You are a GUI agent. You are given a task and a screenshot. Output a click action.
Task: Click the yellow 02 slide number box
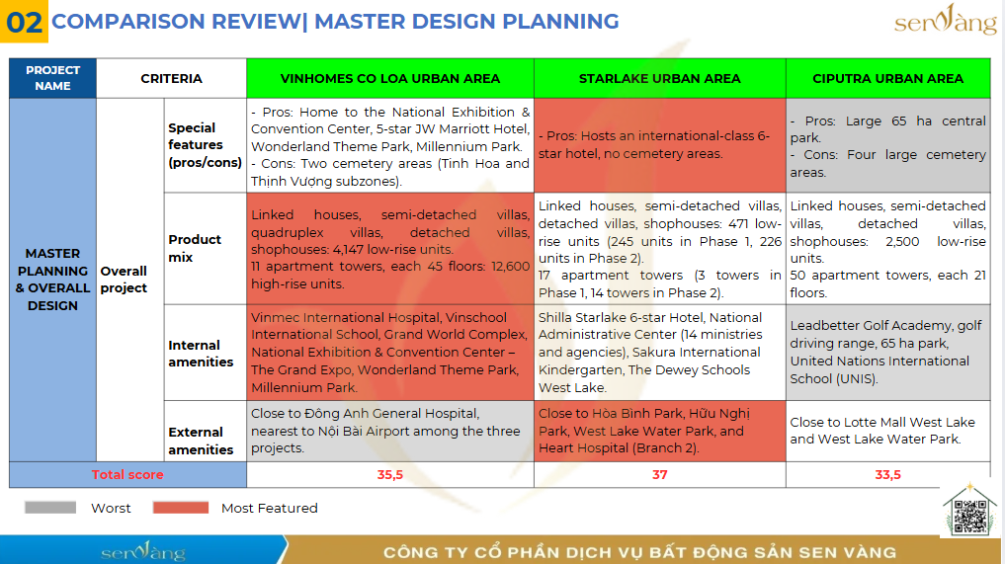(x=24, y=21)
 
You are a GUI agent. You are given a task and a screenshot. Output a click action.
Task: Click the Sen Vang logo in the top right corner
(x=946, y=20)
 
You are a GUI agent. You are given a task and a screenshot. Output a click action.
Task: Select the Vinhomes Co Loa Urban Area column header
(x=389, y=78)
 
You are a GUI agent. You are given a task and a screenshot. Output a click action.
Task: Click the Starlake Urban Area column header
(x=659, y=78)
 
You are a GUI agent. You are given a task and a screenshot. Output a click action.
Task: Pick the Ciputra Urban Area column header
(x=887, y=78)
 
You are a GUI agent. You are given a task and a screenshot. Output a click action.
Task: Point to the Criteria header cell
(x=171, y=78)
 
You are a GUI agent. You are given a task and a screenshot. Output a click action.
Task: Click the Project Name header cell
(x=52, y=78)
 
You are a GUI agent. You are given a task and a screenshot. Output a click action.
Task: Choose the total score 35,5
(x=389, y=475)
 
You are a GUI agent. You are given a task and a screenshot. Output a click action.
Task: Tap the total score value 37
(x=659, y=475)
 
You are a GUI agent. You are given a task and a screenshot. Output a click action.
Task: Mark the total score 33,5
(x=887, y=475)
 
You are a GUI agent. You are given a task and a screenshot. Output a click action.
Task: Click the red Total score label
(x=127, y=475)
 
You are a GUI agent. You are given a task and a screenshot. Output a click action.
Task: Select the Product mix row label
(x=195, y=248)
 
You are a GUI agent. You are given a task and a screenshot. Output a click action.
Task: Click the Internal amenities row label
(x=201, y=354)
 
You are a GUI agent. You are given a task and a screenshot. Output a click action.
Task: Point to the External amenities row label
(x=201, y=441)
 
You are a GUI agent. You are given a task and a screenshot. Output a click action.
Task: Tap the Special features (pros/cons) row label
(x=206, y=145)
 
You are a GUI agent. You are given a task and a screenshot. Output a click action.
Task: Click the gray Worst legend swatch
(x=50, y=508)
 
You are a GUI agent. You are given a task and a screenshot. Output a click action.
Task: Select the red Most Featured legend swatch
(x=181, y=508)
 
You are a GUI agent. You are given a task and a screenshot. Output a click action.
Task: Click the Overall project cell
(x=124, y=280)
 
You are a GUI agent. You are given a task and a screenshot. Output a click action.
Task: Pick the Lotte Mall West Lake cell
(x=887, y=431)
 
